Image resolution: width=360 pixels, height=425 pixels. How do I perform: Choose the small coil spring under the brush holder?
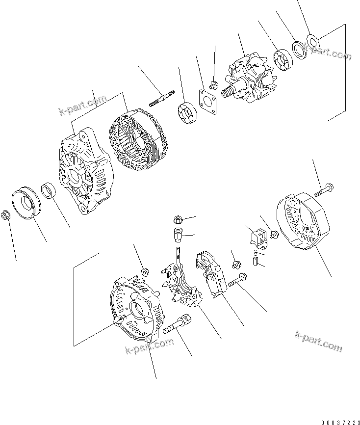[255, 253]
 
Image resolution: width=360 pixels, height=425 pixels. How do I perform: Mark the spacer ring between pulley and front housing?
[49, 189]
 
